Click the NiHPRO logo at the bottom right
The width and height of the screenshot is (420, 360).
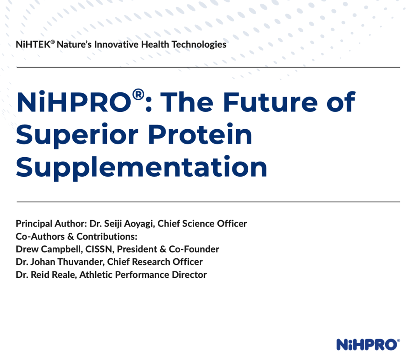point(368,345)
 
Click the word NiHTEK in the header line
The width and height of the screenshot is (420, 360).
point(33,44)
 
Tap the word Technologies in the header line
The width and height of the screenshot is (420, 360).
point(199,45)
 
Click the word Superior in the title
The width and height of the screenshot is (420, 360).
point(77,135)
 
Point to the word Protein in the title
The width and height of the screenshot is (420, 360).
point(200,134)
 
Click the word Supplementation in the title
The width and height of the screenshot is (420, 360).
point(141,168)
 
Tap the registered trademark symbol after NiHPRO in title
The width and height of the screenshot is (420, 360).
point(139,95)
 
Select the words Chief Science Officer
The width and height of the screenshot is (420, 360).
point(202,223)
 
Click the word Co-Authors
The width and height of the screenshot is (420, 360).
point(40,236)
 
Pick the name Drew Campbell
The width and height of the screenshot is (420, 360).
point(49,249)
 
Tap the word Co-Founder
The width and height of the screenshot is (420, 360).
point(194,249)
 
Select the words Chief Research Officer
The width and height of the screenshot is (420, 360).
point(155,262)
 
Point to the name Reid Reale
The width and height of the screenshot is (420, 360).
point(54,275)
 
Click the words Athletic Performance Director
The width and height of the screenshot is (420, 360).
point(143,275)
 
